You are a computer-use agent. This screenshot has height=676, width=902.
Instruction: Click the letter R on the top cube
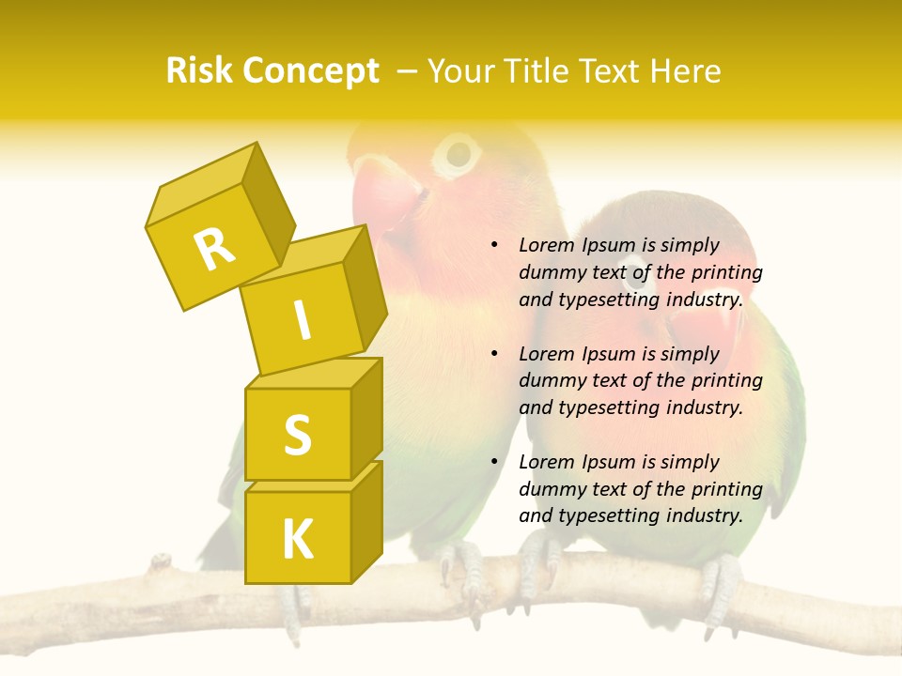[x=215, y=249]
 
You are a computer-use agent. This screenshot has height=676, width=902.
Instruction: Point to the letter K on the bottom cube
[x=297, y=540]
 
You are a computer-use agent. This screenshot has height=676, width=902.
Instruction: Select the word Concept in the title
[x=310, y=71]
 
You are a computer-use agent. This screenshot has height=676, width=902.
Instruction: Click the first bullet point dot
[x=494, y=245]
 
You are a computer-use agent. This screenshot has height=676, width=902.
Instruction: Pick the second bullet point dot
[x=494, y=354]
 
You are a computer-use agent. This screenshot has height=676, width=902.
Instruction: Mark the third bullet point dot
[x=494, y=462]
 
